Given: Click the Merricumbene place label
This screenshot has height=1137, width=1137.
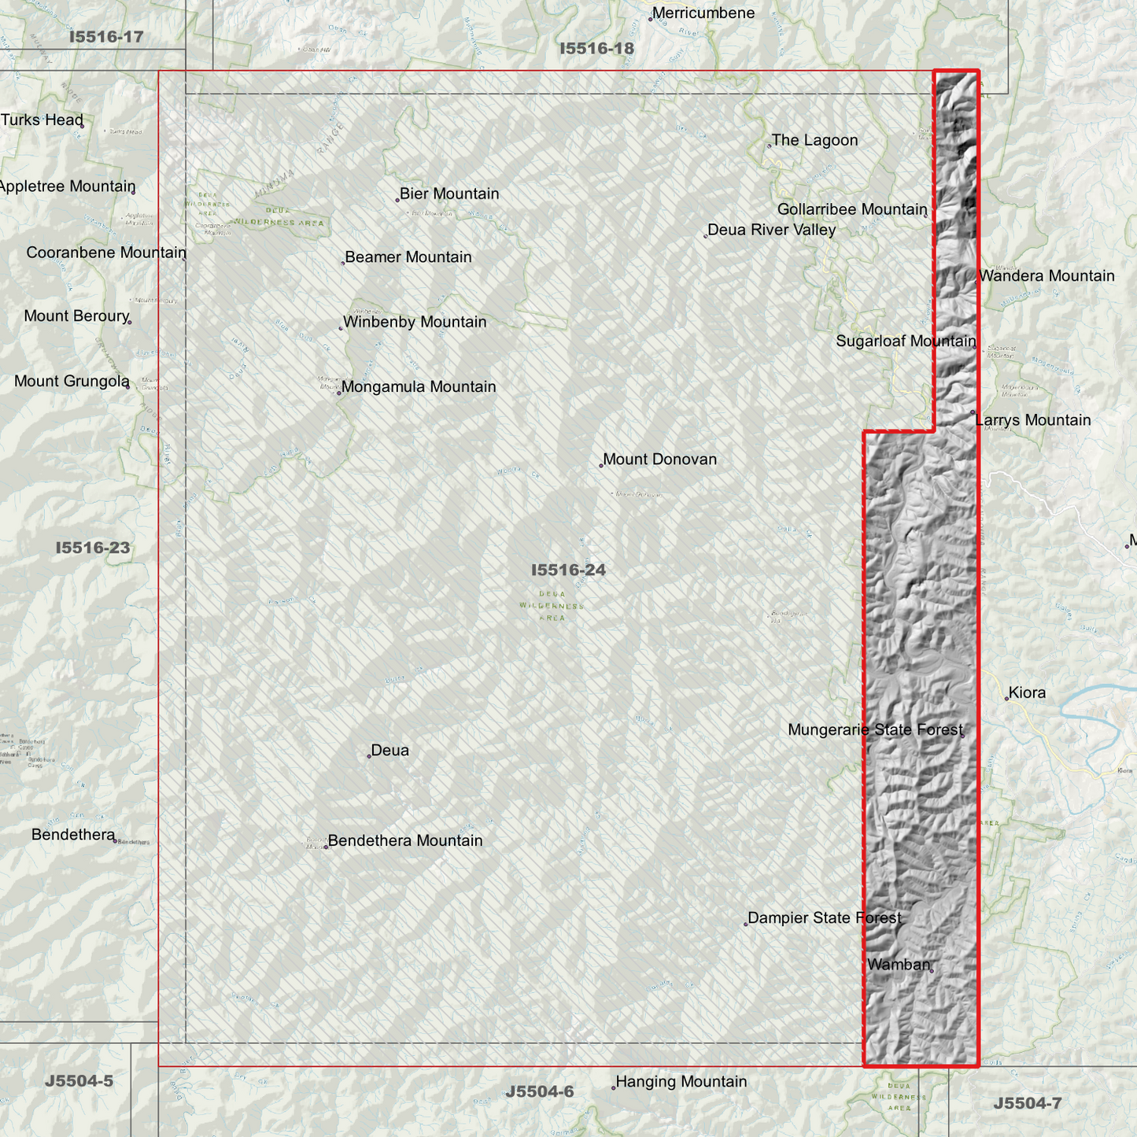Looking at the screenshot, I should point(703,13).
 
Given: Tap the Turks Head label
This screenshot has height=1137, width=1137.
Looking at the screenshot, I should point(42,120).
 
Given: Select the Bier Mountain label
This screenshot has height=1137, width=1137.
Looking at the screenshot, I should point(449,194).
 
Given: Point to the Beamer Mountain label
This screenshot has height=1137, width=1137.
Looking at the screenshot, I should point(408,257).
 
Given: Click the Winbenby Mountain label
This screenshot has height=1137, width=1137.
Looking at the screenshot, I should point(415,322).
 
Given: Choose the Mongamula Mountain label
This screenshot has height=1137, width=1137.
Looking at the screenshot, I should point(419,386).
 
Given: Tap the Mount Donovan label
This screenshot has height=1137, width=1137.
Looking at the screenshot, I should point(659,460).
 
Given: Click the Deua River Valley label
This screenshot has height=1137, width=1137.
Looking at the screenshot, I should point(771,230).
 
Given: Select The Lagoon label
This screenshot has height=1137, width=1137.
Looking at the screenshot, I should point(814,140).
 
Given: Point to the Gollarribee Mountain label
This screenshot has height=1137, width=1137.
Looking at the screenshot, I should point(851,209).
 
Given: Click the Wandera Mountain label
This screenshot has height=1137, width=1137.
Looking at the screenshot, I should point(1047,276).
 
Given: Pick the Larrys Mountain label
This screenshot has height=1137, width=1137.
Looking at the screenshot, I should point(1032,420).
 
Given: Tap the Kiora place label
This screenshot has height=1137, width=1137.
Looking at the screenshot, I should point(1027,692).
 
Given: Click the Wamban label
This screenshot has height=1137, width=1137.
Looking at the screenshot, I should point(899,965).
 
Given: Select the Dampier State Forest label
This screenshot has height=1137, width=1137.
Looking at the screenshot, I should point(825,918).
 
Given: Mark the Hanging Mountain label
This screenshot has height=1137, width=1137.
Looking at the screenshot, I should point(681,1082).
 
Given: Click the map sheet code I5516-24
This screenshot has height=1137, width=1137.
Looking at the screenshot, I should point(568,570).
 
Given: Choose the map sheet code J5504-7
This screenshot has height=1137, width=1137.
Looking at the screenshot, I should point(1027,1103).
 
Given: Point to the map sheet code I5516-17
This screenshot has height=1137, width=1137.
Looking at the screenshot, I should point(106,37).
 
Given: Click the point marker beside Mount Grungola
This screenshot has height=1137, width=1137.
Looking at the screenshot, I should point(127,386).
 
